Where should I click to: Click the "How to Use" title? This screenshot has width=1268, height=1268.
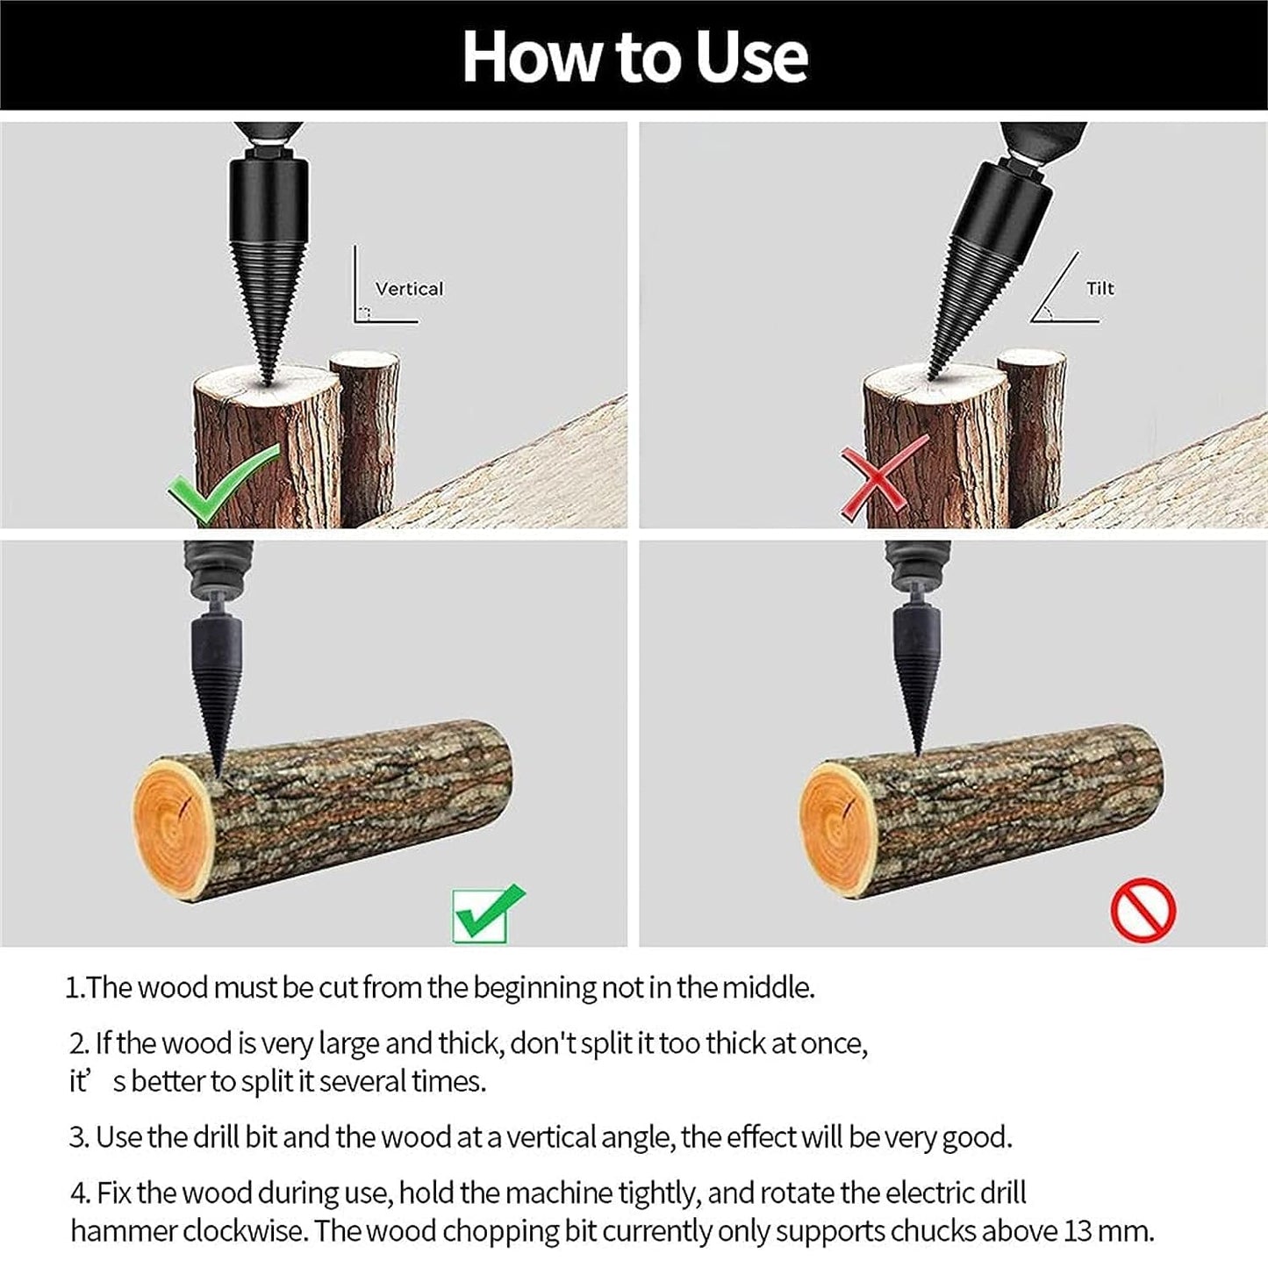tap(634, 56)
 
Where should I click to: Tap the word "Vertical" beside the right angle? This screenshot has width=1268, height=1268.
tap(409, 289)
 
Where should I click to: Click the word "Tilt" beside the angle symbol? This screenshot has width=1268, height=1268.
tap(1100, 289)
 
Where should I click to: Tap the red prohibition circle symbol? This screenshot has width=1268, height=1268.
tap(1143, 910)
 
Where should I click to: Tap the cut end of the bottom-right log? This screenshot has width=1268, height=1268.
tap(842, 826)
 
